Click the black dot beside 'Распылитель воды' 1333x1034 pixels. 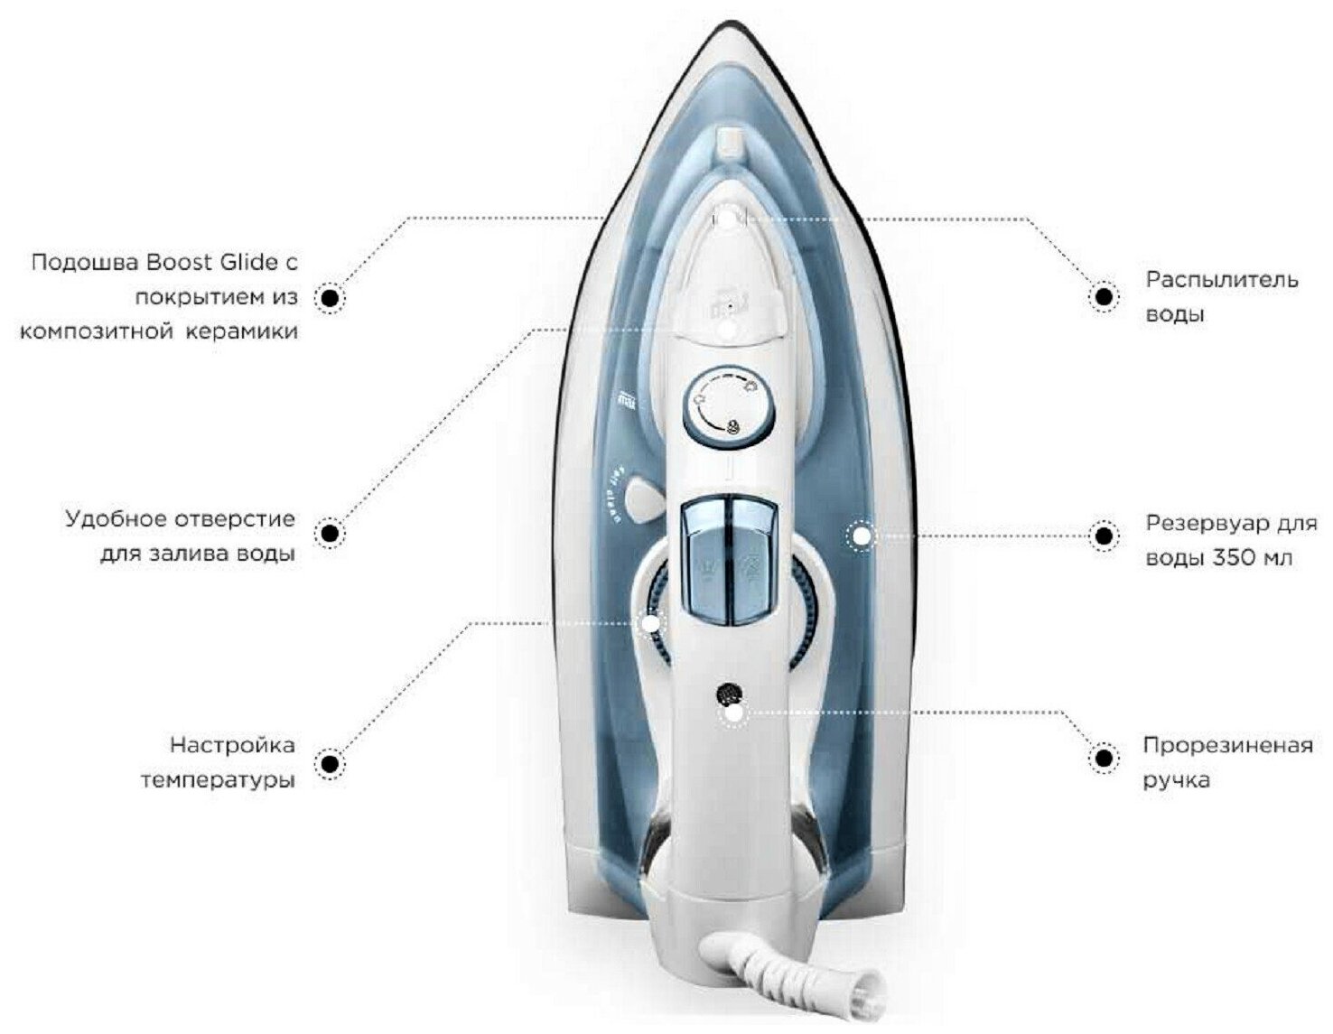coord(1102,297)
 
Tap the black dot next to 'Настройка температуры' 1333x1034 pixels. coord(331,764)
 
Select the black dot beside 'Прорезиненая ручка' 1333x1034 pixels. coord(1102,759)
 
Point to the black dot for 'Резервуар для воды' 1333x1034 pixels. coord(1102,536)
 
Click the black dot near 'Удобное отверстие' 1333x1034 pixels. coord(331,535)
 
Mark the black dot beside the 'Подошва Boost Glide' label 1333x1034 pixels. coord(331,297)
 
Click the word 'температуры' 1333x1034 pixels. coord(218,780)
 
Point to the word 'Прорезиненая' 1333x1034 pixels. coord(1227,746)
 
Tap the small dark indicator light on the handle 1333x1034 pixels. coord(728,694)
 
